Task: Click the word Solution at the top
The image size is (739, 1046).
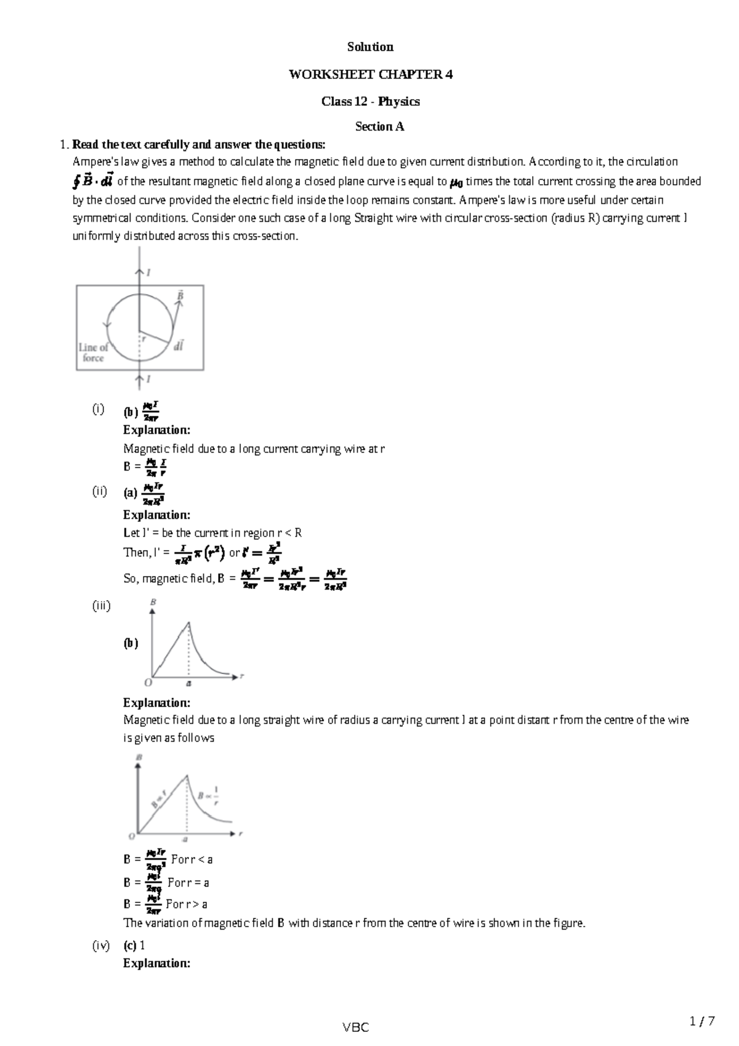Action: pos(370,47)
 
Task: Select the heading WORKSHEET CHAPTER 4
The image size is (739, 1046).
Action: pos(370,75)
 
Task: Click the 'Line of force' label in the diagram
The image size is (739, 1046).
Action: pos(94,352)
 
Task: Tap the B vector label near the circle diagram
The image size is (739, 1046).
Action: pos(180,296)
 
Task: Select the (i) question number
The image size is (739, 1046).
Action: pos(98,409)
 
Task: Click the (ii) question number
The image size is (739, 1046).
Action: pos(100,491)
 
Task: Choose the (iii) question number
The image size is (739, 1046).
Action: pos(101,606)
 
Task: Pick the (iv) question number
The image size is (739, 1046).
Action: pos(101,945)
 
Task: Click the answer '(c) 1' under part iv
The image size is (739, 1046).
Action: pos(134,945)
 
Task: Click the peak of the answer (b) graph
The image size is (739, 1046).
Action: pos(188,623)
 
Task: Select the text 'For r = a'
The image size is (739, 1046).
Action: pos(188,882)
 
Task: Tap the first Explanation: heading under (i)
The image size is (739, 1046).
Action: pos(156,429)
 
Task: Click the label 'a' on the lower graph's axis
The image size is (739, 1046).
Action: pos(185,839)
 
